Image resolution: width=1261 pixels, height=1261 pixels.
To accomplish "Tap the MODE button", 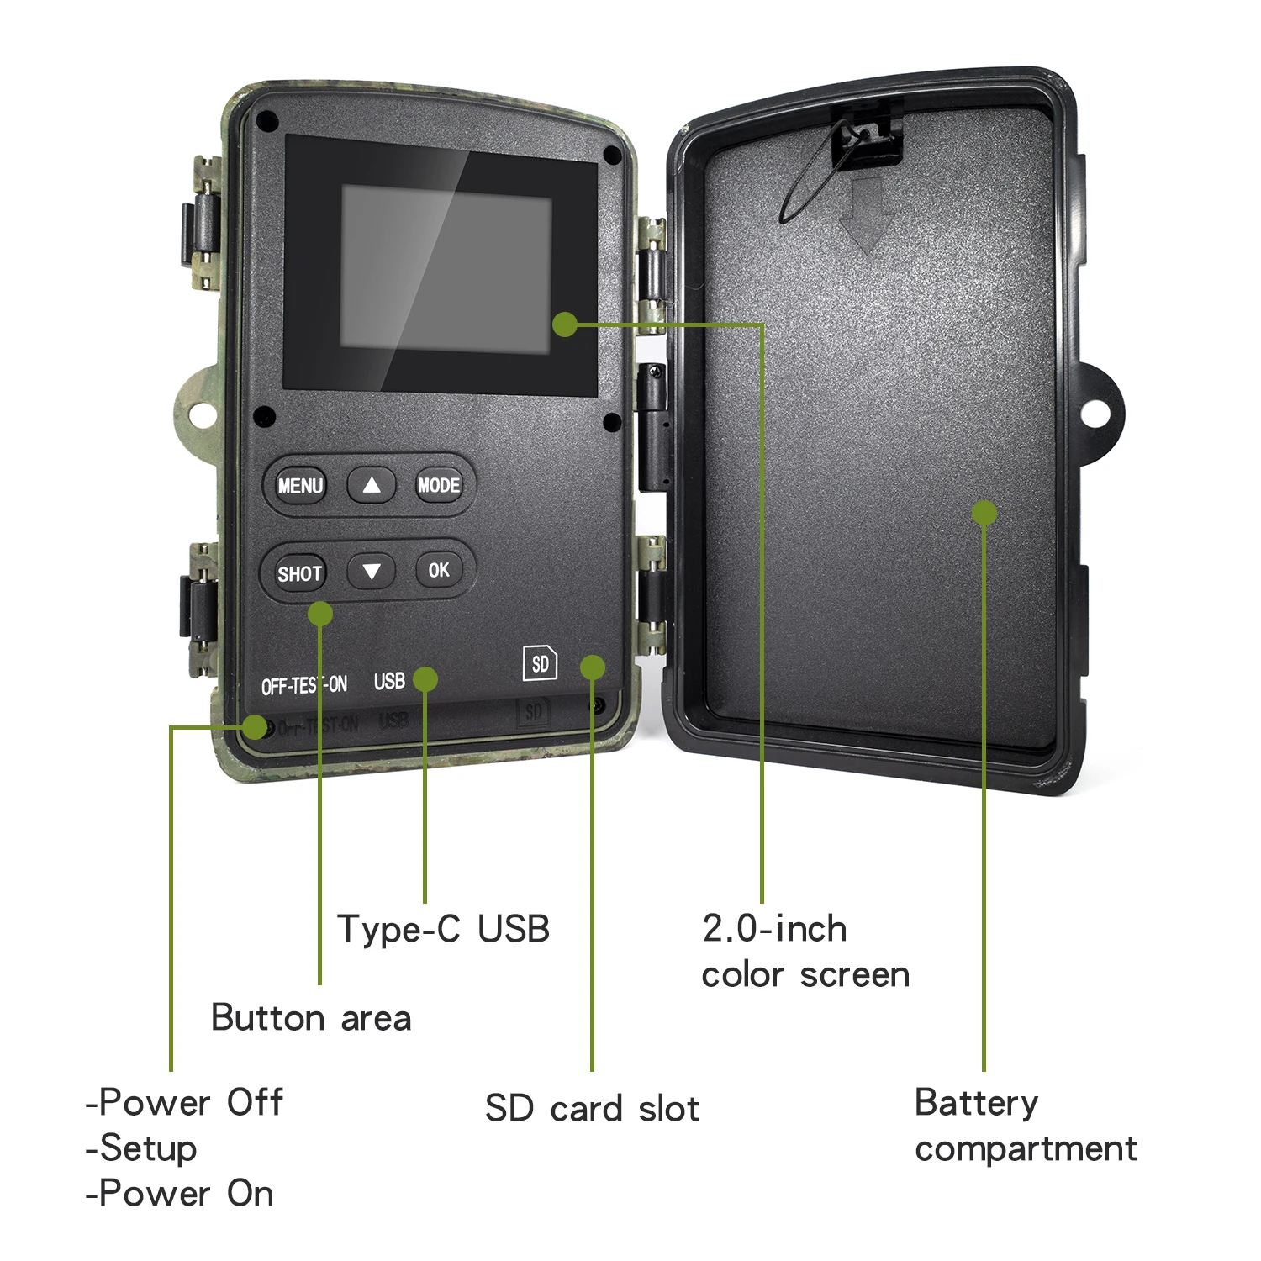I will coord(439,485).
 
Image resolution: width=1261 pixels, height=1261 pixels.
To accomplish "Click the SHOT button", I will coord(300,573).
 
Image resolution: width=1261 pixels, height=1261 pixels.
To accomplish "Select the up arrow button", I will coord(372,485).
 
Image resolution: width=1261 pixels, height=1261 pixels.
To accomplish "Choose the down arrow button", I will coord(372,572).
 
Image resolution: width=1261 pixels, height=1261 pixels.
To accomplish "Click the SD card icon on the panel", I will coord(540,664).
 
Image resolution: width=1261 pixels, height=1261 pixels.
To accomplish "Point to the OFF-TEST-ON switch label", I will coord(303,686).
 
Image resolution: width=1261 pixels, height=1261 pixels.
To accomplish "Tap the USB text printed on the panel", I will coord(389,681).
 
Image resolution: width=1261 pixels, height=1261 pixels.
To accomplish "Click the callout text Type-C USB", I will coord(443,929).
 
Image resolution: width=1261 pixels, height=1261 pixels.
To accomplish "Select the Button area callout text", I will coord(311,1018).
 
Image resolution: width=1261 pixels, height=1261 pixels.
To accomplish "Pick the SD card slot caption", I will coord(592,1109).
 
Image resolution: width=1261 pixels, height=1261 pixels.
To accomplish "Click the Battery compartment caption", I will coord(1026,1126).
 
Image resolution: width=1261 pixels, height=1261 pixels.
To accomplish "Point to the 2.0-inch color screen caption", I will coord(805,952).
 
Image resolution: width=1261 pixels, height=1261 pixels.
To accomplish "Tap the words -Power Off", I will coord(185,1102).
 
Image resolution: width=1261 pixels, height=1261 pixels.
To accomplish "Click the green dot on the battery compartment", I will coord(984,513).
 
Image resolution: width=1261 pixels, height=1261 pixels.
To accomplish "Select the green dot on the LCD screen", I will coord(565,324).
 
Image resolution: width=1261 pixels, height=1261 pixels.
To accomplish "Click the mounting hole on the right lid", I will coord(1093,413).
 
